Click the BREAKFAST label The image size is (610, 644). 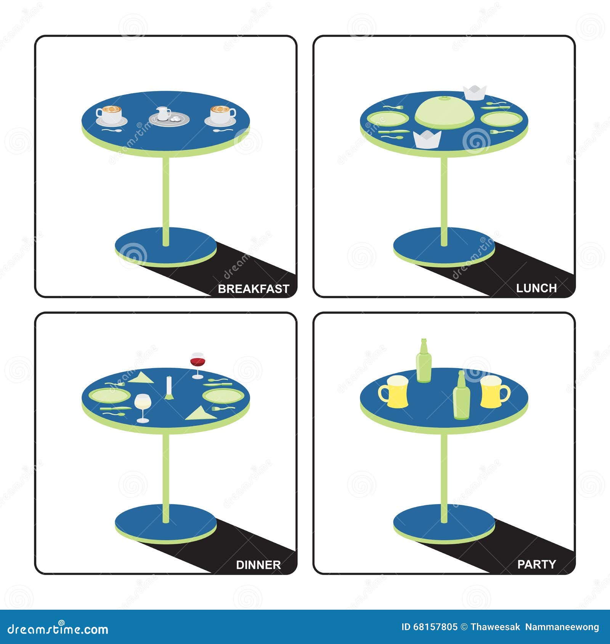pyautogui.click(x=254, y=289)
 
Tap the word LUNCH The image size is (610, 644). pyautogui.click(x=536, y=288)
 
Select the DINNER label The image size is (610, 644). pyautogui.click(x=258, y=565)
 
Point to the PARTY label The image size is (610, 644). pyautogui.click(x=536, y=564)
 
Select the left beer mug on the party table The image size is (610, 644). pyautogui.click(x=393, y=392)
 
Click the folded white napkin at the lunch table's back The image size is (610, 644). pyautogui.click(x=475, y=93)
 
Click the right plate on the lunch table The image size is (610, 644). pyautogui.click(x=501, y=118)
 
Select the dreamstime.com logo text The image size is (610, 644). pyautogui.click(x=58, y=629)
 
